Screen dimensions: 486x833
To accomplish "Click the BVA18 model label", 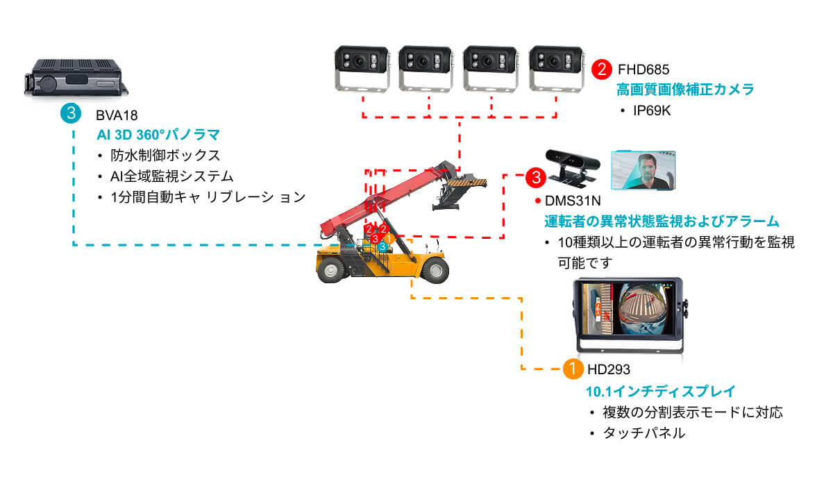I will point(113,115).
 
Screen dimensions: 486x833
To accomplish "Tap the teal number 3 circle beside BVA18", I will point(71,113).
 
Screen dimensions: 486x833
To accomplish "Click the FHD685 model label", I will point(643,70).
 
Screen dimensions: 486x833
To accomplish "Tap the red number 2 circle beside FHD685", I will point(601,69).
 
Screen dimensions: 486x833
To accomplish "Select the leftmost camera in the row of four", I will point(363,68).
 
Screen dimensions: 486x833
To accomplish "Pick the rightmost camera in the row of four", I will point(555,68).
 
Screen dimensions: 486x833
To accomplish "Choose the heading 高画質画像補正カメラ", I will point(685,90).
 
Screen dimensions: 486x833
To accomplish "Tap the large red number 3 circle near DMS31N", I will point(535,177).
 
